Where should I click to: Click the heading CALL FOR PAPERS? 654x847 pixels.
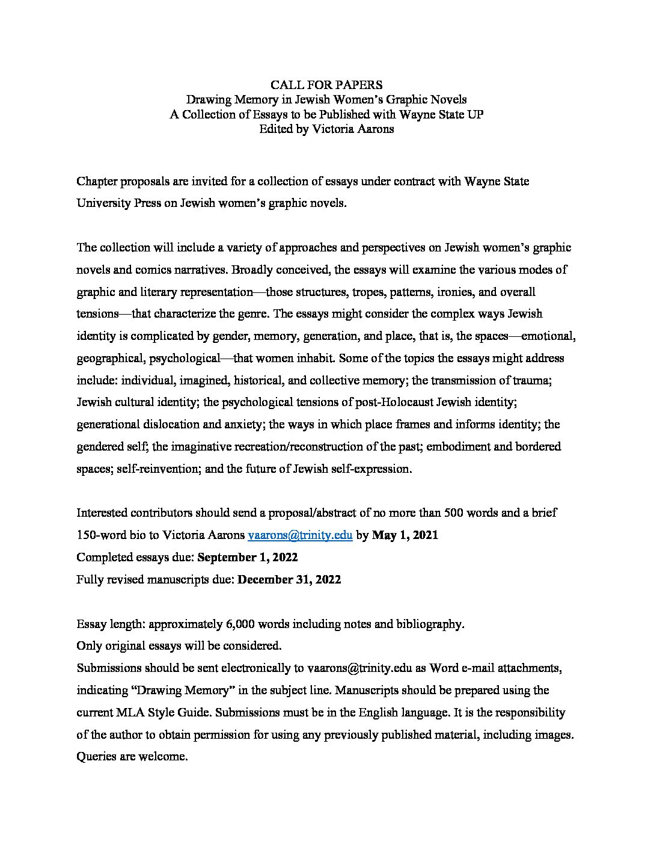click(x=326, y=85)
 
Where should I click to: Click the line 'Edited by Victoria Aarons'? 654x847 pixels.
click(x=326, y=129)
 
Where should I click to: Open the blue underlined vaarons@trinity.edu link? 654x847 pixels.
click(x=300, y=535)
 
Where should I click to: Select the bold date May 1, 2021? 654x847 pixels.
click(x=405, y=535)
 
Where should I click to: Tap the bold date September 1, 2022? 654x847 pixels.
click(x=248, y=557)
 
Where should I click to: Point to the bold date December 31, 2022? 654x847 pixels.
click(x=290, y=579)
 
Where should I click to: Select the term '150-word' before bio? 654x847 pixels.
click(x=101, y=535)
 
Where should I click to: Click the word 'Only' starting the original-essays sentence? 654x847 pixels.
click(x=89, y=646)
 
